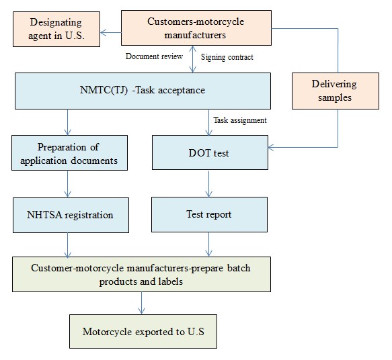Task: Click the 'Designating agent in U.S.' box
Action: (56, 29)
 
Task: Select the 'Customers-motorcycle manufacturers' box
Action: (196, 28)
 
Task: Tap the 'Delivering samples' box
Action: (336, 91)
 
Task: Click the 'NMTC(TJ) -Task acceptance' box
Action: (143, 91)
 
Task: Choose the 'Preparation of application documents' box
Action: (69, 152)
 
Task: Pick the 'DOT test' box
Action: (210, 152)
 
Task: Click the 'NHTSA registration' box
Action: (71, 215)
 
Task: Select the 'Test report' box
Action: (210, 214)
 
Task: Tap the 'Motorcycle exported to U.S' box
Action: (143, 331)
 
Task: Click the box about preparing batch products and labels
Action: (141, 274)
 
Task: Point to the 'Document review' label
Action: (154, 56)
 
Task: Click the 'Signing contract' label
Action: (227, 57)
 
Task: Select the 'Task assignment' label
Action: (240, 120)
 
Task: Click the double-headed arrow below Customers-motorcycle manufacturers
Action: (192, 59)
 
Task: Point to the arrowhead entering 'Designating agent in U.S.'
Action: (104, 32)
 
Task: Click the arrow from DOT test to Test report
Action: (208, 184)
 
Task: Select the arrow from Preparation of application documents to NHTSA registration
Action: (67, 184)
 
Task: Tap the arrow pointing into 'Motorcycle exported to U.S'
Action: (141, 303)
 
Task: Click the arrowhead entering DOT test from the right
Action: (271, 147)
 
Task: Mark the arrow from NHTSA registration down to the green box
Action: (67, 245)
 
